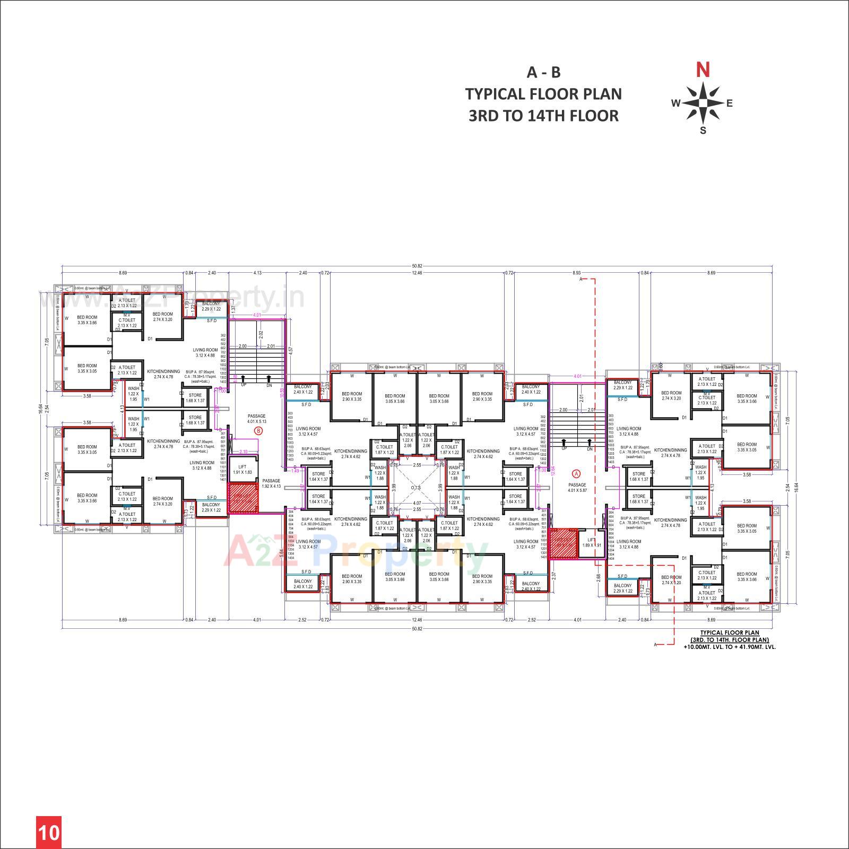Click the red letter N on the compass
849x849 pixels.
pyautogui.click(x=703, y=70)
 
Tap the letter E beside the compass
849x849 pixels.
pyautogui.click(x=730, y=103)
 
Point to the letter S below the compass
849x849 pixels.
pyautogui.click(x=703, y=131)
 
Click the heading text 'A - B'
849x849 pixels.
pyautogui.click(x=543, y=72)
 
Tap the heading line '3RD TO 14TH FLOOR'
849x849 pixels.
pyautogui.click(x=543, y=116)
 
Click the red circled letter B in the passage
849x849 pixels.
pyautogui.click(x=258, y=431)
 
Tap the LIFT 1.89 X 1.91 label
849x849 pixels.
pyautogui.click(x=591, y=542)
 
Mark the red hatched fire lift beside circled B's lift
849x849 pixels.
pyautogui.click(x=243, y=498)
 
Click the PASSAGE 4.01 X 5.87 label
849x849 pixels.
pyautogui.click(x=577, y=487)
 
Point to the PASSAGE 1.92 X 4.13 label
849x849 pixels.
pyautogui.click(x=271, y=483)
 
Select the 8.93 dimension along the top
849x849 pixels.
pyautogui.click(x=577, y=273)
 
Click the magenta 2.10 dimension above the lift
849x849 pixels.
pyautogui.click(x=244, y=452)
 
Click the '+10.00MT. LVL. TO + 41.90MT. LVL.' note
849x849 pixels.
pyautogui.click(x=730, y=647)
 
